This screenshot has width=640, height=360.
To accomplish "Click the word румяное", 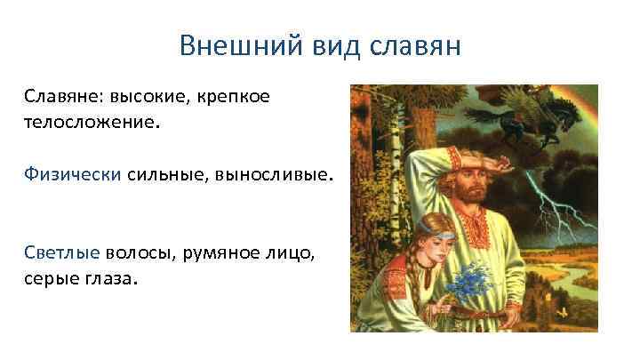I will click(223, 253).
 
